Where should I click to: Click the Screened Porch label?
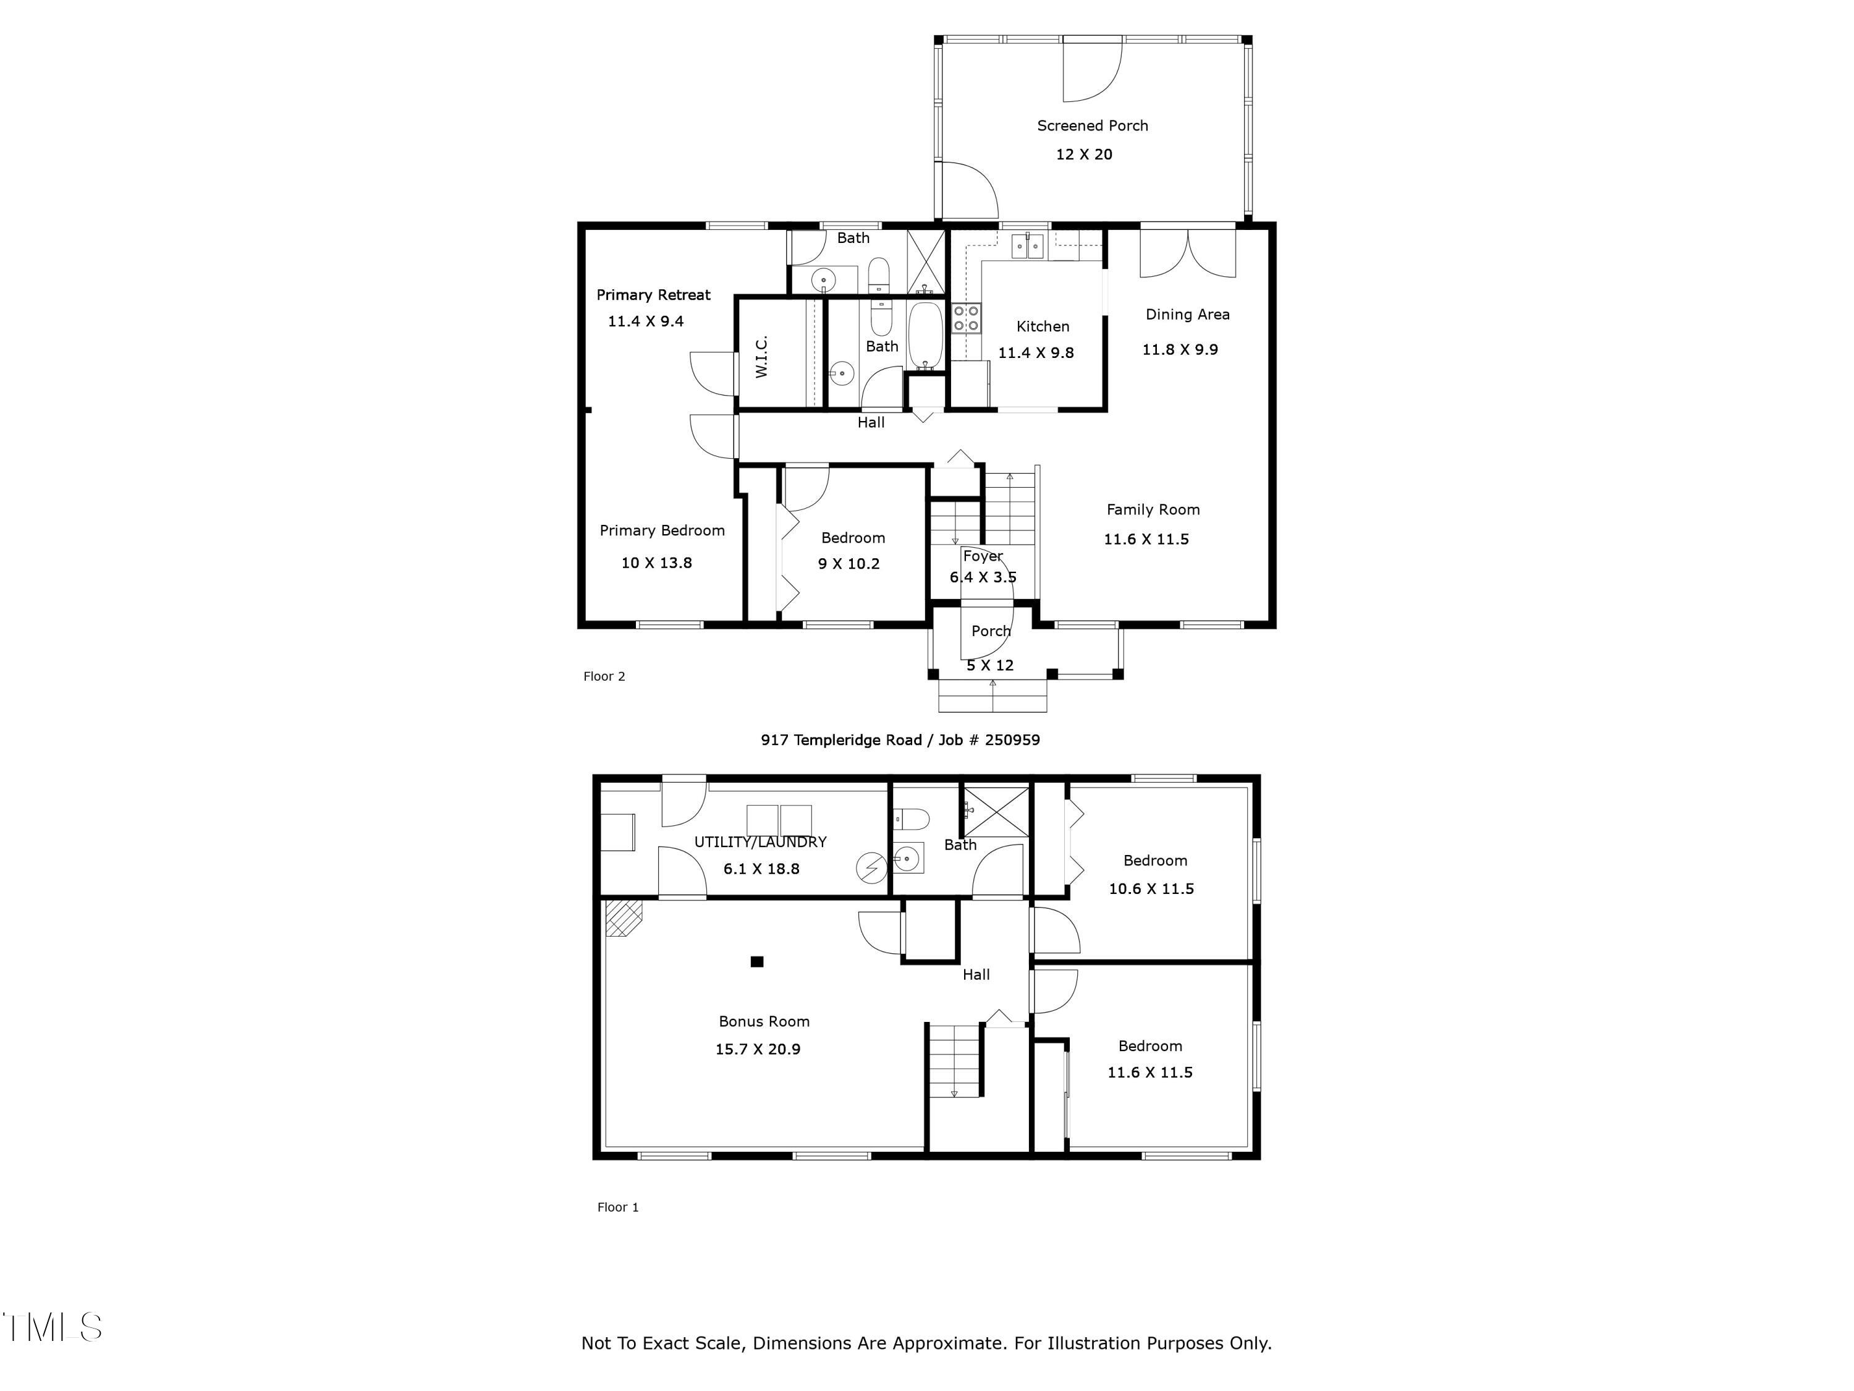1092,125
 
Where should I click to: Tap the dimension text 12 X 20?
1084,155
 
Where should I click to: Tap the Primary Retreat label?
653,295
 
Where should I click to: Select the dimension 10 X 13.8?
656,563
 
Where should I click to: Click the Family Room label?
1153,510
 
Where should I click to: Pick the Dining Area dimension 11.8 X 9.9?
1179,350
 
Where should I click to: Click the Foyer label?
983,556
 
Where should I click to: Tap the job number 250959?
1012,739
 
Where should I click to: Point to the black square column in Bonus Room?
757,962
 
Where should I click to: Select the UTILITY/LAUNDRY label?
760,842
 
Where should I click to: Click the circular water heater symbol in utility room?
871,868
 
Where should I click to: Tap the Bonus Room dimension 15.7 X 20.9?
758,1049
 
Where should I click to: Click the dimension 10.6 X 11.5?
1151,889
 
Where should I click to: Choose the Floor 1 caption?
618,1207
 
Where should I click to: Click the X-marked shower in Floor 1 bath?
995,810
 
